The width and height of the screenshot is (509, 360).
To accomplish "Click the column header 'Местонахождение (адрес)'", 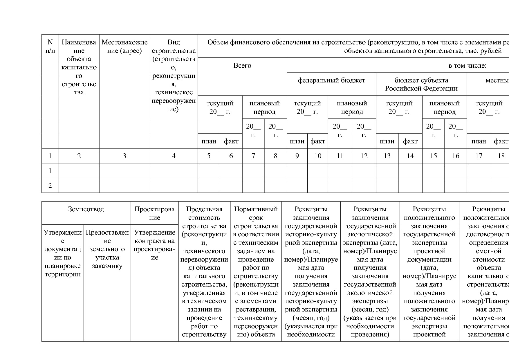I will coord(124,46).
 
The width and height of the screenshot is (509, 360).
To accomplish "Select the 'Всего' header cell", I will coord(242,66).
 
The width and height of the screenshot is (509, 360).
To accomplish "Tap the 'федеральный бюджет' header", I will coord(331,80).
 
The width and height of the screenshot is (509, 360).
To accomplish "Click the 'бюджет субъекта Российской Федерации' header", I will coord(421,84).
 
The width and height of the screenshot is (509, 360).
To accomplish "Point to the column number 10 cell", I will coord(318,156).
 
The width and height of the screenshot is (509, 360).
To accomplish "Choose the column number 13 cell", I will coord(387,156).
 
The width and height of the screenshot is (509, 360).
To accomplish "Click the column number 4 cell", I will coord(174,156).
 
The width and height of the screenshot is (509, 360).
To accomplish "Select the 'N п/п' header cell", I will coord(50,46).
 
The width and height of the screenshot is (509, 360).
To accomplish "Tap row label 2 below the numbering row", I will coord(50,186).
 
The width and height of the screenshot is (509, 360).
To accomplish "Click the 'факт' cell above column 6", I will coord(231,141).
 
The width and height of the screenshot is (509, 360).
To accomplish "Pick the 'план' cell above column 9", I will coord(297,141).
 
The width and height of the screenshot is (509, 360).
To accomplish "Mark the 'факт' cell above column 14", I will coord(410,141).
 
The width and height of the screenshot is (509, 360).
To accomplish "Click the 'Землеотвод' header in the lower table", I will coord(86,209).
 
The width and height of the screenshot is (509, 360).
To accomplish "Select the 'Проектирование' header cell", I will coord(154,213).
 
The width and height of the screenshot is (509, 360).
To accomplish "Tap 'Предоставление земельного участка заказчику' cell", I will coord(107,249).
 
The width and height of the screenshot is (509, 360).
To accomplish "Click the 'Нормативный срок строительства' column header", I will coord(256,217).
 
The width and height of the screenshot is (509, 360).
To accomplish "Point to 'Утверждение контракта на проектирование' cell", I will coord(154,245).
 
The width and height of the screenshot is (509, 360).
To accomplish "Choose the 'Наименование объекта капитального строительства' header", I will coord(79,67).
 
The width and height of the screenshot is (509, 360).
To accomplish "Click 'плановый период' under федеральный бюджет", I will coord(352,107).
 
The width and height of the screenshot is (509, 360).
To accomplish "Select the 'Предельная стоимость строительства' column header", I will coord(204,217).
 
